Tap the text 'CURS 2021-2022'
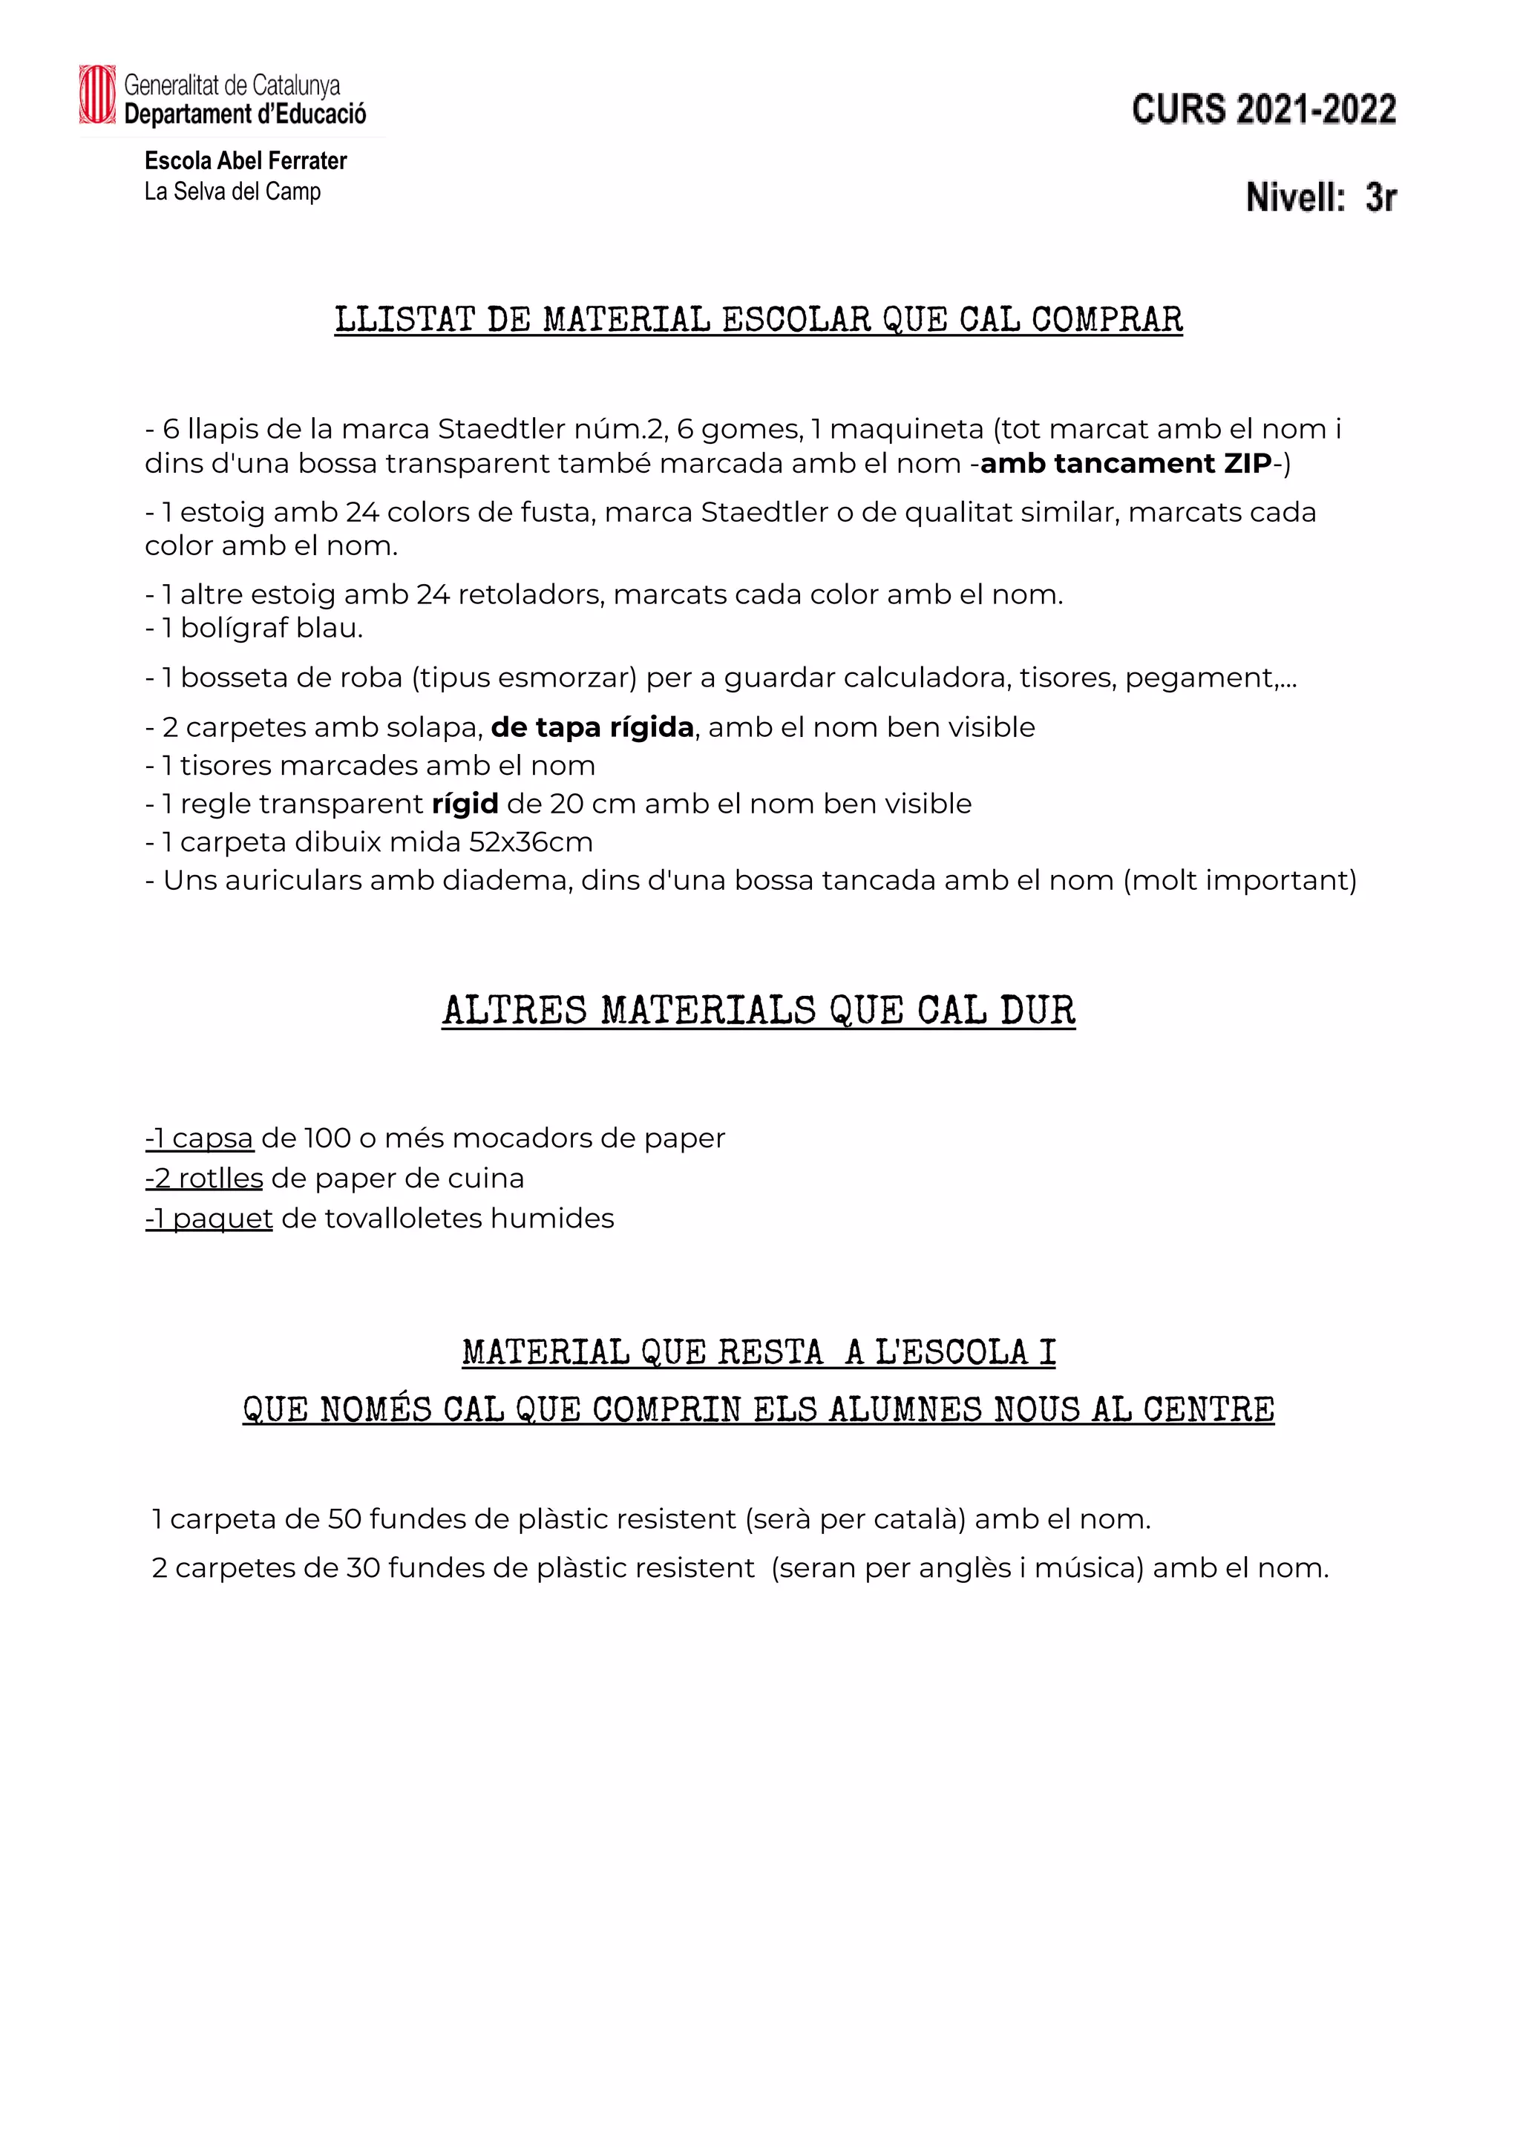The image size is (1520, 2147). (x=1263, y=110)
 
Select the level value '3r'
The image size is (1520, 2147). (x=1380, y=197)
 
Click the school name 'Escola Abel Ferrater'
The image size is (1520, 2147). (x=245, y=161)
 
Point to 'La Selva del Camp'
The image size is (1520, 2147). (x=232, y=192)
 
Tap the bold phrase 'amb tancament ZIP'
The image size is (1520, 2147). (x=1126, y=463)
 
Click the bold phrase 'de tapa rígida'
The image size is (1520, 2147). (x=592, y=727)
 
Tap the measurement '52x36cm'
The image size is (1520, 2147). (x=531, y=842)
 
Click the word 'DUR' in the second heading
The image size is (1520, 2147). (x=1038, y=1011)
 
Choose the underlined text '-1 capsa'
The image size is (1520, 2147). (x=200, y=1139)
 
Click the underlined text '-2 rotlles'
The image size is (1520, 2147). (x=204, y=1179)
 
